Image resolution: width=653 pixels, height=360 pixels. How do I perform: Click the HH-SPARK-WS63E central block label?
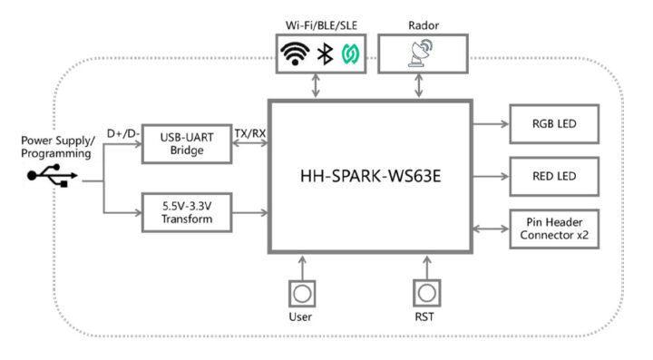coord(370,177)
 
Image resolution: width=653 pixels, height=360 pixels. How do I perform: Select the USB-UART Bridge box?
coord(186,142)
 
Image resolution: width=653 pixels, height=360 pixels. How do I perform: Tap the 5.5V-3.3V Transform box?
coord(186,213)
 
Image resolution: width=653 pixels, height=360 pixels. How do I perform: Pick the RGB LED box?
coord(554,122)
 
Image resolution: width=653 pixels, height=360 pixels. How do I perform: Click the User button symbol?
coord(301,294)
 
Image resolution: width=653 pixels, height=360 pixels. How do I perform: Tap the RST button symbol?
coord(426,294)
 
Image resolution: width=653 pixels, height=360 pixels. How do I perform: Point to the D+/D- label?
coord(123,133)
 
